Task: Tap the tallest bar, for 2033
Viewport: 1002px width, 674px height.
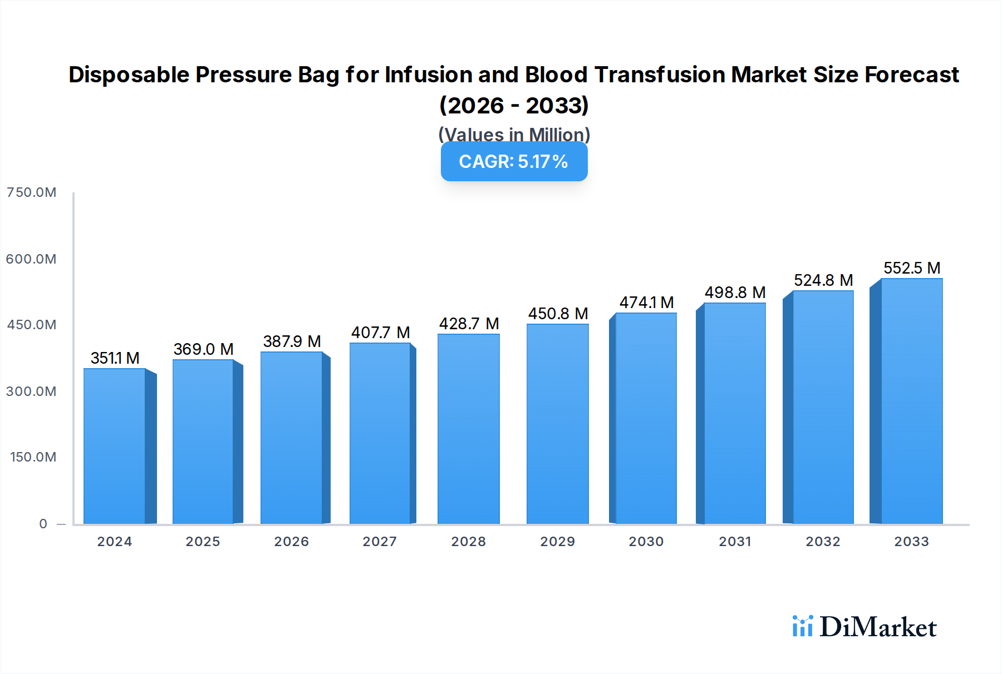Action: [911, 401]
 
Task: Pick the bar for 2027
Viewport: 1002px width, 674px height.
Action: [380, 433]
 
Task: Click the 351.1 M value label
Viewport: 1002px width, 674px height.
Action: [115, 358]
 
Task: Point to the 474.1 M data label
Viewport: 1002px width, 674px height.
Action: [646, 303]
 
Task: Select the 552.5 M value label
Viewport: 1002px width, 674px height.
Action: [912, 268]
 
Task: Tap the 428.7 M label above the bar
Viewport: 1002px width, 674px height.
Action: [469, 324]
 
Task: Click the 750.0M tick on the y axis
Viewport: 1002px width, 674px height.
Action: [31, 192]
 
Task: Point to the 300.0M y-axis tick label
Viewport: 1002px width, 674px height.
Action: [31, 391]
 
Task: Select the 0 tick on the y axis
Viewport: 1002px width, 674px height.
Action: [43, 524]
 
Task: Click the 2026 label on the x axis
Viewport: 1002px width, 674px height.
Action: [291, 542]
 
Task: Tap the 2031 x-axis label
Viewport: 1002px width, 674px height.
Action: [735, 542]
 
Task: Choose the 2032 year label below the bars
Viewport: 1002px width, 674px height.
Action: [823, 542]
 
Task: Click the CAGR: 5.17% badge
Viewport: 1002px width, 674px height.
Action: [514, 161]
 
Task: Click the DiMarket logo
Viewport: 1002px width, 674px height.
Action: [865, 627]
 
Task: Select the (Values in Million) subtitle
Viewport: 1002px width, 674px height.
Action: [514, 134]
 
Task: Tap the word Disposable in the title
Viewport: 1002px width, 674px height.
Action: [129, 75]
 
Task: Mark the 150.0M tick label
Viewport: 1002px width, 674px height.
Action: [33, 457]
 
